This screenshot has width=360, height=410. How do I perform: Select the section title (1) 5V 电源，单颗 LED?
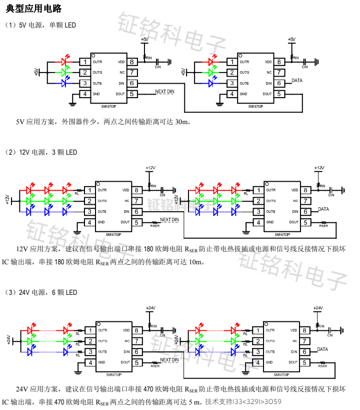click(40, 25)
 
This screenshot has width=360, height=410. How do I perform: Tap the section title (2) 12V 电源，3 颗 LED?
click(41, 152)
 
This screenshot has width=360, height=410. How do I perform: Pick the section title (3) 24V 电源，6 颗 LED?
click(41, 292)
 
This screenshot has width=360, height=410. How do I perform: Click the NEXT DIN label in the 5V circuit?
click(164, 92)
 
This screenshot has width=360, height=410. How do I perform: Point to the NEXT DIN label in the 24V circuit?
click(169, 360)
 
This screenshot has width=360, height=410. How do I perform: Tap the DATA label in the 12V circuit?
click(323, 209)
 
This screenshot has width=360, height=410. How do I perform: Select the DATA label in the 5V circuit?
click(297, 80)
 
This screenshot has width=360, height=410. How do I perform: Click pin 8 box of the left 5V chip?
click(132, 62)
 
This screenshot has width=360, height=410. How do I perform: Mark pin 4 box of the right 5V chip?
click(231, 94)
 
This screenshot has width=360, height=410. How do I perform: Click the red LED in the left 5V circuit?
click(64, 62)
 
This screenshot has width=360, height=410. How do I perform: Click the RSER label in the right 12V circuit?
click(323, 226)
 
